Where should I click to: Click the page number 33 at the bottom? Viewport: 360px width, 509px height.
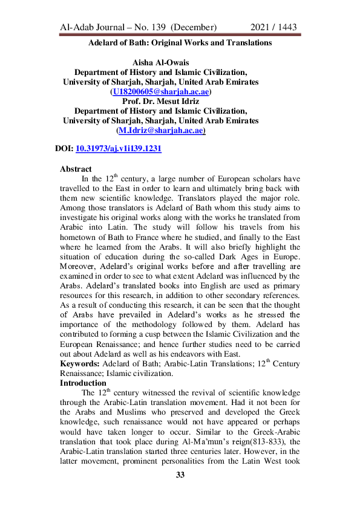(x=180, y=475)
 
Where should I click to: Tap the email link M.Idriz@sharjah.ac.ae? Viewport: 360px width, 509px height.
(x=160, y=130)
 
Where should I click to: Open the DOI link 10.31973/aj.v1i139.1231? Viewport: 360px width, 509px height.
(x=119, y=148)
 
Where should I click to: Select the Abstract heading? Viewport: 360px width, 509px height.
(x=76, y=169)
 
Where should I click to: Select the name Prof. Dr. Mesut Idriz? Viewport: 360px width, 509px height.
(x=160, y=101)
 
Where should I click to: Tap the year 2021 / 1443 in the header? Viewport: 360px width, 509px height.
(x=273, y=28)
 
